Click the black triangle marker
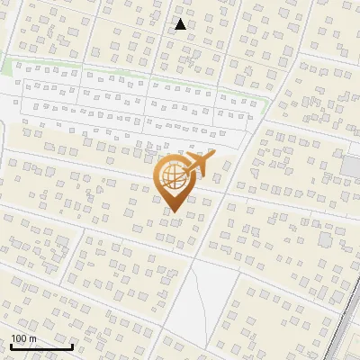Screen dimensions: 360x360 pyautogui.click(x=180, y=24)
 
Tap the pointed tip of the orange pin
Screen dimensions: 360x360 pyautogui.click(x=175, y=212)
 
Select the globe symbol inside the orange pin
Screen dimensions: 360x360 pyautogui.click(x=174, y=177)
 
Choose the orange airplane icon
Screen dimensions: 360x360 pyautogui.click(x=199, y=164)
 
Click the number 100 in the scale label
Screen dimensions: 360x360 pyautogui.click(x=19, y=338)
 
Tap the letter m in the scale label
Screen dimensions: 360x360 pyautogui.click(x=32, y=338)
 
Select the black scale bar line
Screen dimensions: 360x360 pyautogui.click(x=41, y=346)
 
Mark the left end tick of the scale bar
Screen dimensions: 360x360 pyautogui.click(x=11, y=346)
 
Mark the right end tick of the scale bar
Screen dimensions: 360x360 pyautogui.click(x=72, y=346)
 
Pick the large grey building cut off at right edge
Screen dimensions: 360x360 pyautogui.click(x=351, y=166)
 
